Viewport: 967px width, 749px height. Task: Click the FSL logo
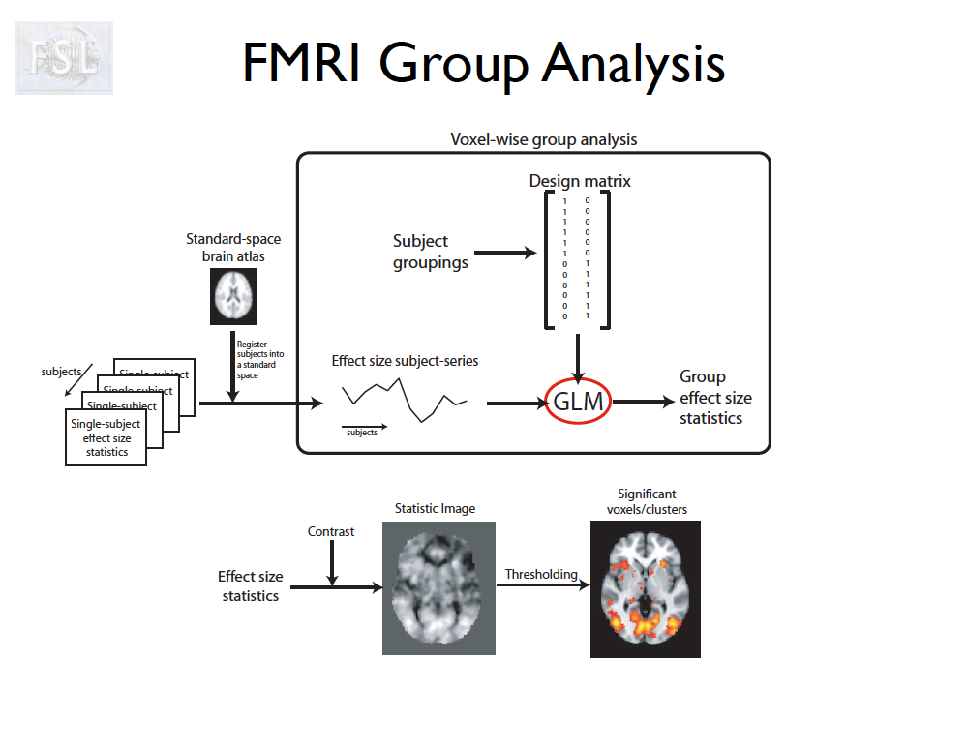pos(63,58)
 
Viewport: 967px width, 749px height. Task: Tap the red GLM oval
pos(578,402)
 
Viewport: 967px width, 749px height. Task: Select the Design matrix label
pos(580,181)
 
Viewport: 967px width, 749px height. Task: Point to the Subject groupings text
pos(430,252)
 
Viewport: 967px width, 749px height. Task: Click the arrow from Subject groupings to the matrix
pos(504,253)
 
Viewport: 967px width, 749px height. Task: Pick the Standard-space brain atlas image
pos(234,296)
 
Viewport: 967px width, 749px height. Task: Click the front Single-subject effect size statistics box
pos(106,437)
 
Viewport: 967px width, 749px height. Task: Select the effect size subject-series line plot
pos(404,397)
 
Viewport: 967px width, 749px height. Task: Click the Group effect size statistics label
pos(714,398)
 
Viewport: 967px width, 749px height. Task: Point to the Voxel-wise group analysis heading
pos(544,139)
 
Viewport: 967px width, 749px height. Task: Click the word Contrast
pos(331,531)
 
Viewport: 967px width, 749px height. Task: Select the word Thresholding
pos(541,574)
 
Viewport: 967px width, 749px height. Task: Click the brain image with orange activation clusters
pos(645,589)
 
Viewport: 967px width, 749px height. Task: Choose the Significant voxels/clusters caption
pos(647,501)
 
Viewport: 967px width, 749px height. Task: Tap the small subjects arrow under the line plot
pos(364,425)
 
